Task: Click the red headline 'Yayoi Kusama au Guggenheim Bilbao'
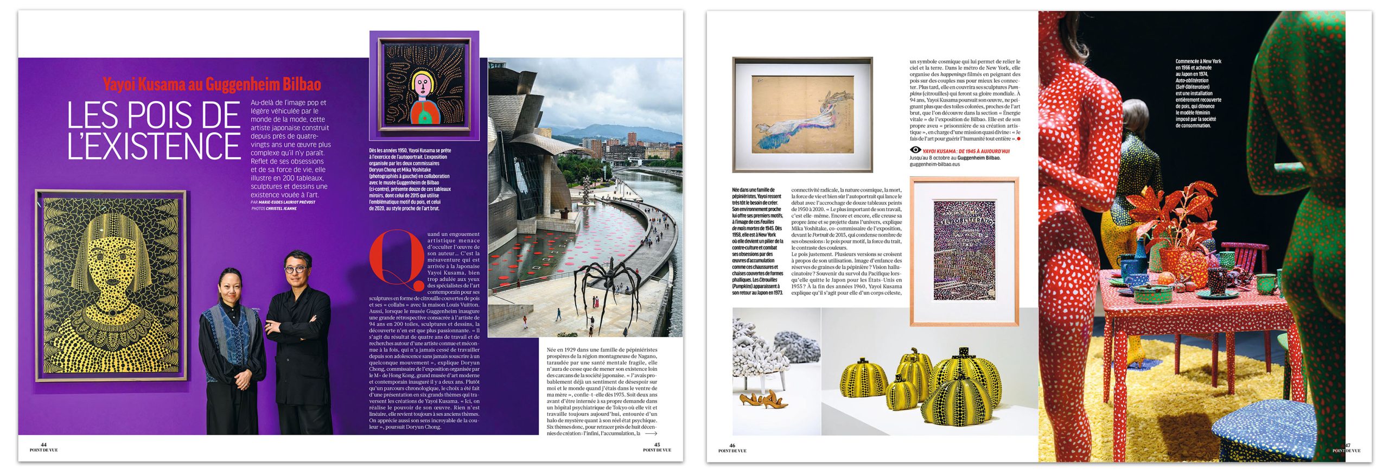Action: click(x=212, y=85)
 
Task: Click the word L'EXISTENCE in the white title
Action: click(x=154, y=145)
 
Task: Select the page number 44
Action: click(x=44, y=445)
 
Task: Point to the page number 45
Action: click(x=657, y=445)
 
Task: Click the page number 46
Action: click(x=732, y=446)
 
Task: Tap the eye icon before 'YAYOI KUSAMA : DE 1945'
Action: click(x=915, y=150)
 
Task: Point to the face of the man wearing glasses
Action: click(x=296, y=265)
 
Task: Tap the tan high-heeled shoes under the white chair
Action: click(x=764, y=401)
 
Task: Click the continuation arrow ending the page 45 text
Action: click(x=651, y=434)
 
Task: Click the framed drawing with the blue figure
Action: click(x=802, y=115)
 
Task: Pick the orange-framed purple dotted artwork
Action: click(x=964, y=251)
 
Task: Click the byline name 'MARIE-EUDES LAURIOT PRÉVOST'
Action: click(x=286, y=202)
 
